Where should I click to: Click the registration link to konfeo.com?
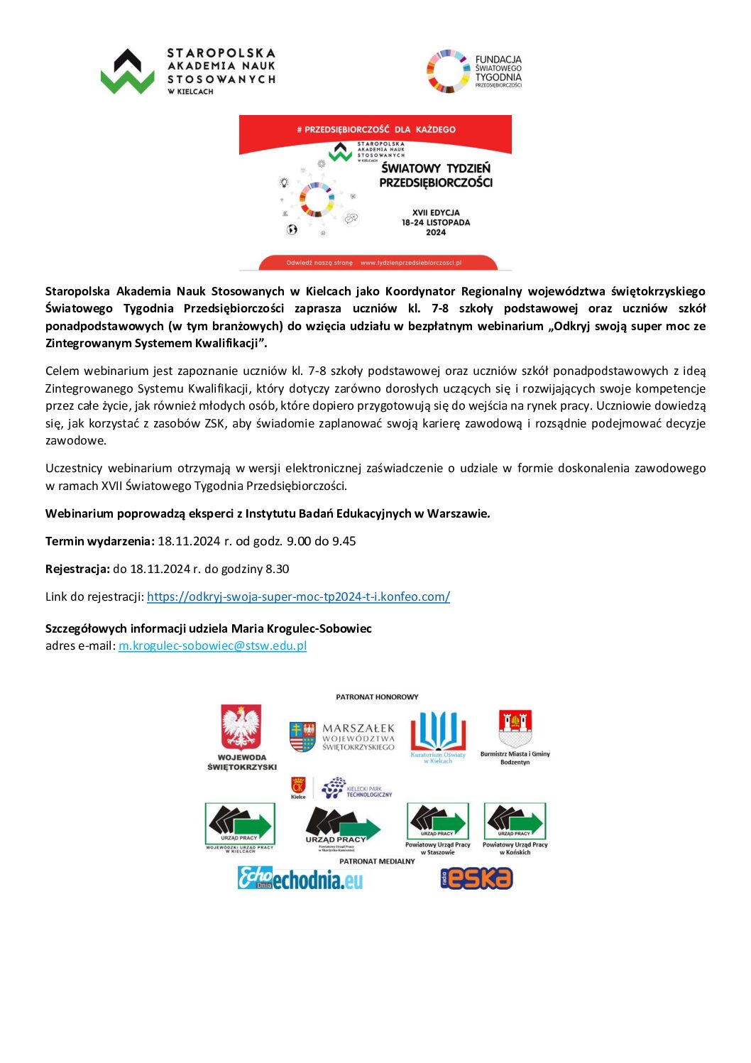point(298,596)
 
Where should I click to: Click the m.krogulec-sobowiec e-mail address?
point(212,645)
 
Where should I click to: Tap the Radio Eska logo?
point(476,878)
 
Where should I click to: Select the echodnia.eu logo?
point(300,879)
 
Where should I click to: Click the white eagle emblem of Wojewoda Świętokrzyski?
point(241,727)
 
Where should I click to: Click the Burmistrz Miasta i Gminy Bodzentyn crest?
point(515,729)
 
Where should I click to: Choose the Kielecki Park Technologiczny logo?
point(357,788)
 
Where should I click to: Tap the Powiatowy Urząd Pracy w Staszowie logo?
point(438,823)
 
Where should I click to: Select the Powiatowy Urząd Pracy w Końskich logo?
point(515,823)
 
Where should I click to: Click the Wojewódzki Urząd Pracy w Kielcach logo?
point(240,824)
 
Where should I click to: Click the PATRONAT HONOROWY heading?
point(377,697)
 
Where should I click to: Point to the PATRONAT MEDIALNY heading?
point(377,861)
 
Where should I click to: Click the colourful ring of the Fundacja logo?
point(448,72)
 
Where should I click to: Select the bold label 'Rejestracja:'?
point(77,569)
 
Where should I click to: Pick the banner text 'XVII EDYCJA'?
point(436,212)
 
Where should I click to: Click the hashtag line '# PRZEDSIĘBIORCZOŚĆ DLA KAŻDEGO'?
point(375,129)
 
